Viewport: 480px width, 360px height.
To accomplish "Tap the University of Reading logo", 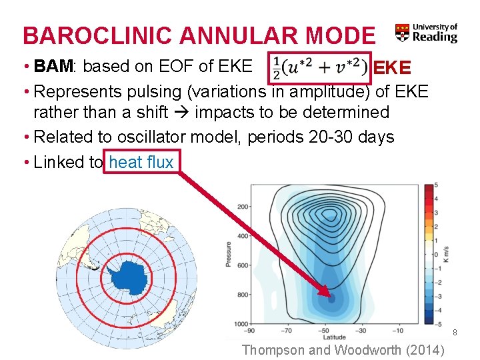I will [426, 33].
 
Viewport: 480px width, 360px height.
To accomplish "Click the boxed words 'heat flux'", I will [141, 162].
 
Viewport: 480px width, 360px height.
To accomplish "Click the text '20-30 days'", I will [352, 137].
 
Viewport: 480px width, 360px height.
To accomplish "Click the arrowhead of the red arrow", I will [325, 292].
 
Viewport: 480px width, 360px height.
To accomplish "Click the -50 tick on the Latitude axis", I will [325, 330].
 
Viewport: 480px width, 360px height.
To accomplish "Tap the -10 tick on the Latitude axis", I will [397, 330].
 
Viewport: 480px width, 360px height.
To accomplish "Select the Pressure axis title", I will [229, 255].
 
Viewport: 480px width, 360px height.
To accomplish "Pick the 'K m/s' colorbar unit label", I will [447, 255].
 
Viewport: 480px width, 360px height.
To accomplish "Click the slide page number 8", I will [455, 332].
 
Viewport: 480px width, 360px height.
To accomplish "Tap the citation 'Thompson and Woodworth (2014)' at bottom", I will [345, 349].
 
